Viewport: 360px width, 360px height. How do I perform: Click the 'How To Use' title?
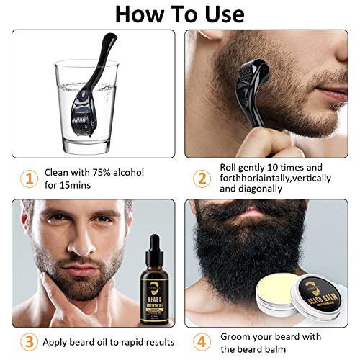180,14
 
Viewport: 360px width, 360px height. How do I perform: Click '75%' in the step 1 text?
104,173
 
